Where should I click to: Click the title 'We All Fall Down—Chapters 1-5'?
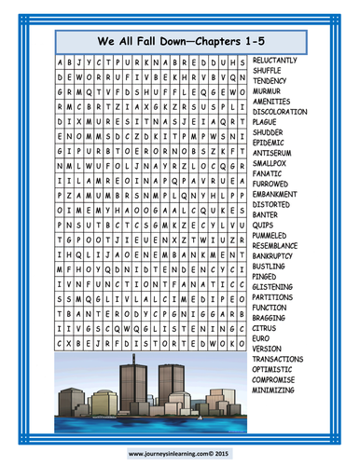pyautogui.click(x=148, y=41)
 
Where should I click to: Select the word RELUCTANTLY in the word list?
pyautogui.click(x=281, y=58)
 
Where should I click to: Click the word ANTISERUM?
pyautogui.click(x=275, y=151)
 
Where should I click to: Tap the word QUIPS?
pyautogui.click(x=264, y=224)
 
